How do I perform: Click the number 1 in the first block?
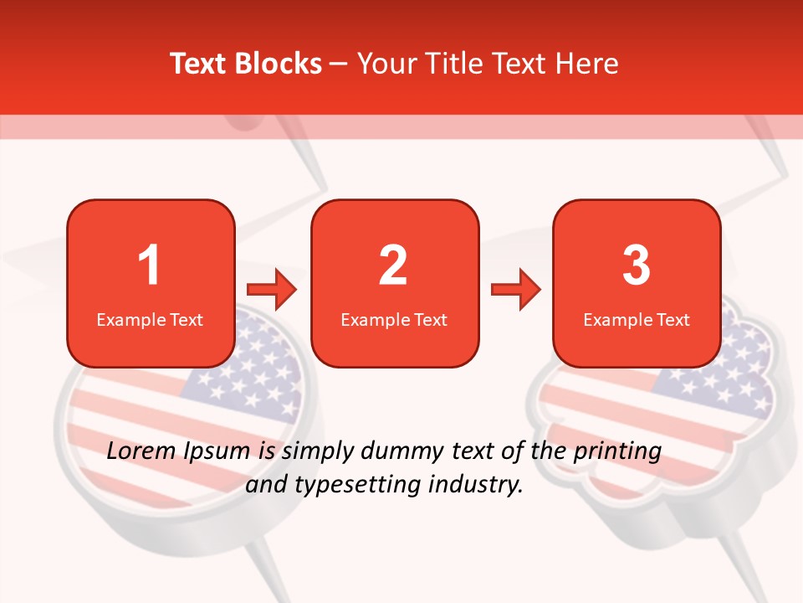150,265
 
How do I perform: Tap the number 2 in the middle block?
393,265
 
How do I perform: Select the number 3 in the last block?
637,265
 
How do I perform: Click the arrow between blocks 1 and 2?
272,290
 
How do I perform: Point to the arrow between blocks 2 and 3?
515,290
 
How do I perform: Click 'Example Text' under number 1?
150,319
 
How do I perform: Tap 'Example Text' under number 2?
394,319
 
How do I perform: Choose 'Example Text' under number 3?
637,319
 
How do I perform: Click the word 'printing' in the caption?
616,452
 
